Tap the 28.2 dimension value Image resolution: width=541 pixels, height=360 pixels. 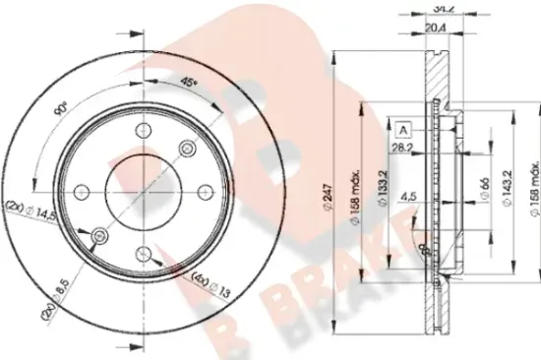coord(400,150)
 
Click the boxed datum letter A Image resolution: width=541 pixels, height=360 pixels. coord(402,129)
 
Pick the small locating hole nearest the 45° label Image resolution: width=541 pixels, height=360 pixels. coord(187,148)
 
